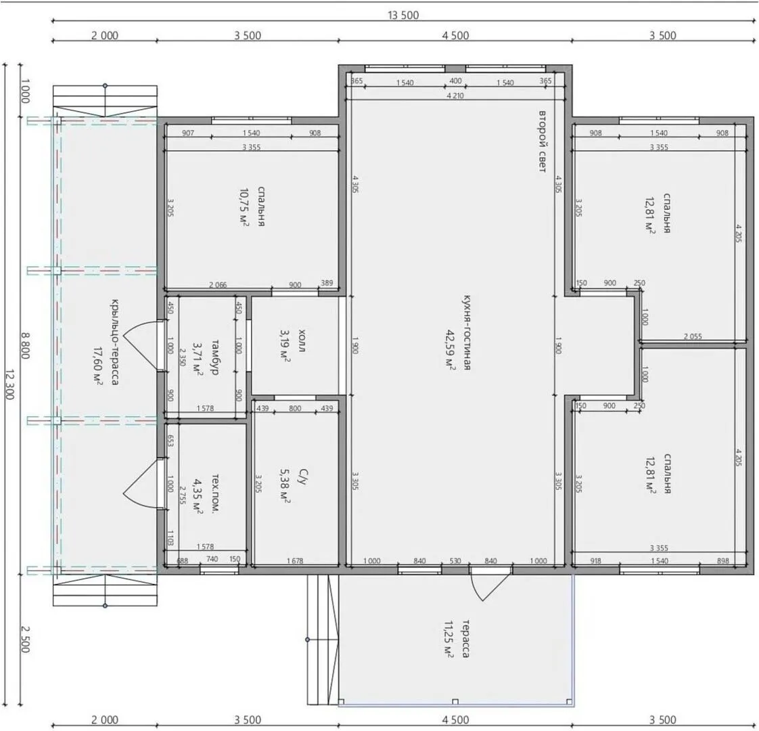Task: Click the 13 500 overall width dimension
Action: [x=403, y=15]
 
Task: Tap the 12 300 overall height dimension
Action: [x=10, y=384]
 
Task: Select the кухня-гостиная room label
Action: [x=467, y=332]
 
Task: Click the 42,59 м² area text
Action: [x=450, y=350]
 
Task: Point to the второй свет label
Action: [x=543, y=141]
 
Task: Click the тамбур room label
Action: [x=215, y=357]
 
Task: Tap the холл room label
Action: [x=302, y=340]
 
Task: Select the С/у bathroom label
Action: [x=302, y=477]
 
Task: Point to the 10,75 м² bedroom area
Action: [x=244, y=207]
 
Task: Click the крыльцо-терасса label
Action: [x=114, y=342]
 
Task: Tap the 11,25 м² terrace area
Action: [x=448, y=638]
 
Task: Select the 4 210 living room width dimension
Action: [x=455, y=95]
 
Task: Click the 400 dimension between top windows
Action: [x=455, y=81]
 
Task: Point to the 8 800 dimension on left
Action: [x=25, y=345]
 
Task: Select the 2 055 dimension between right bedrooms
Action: [x=693, y=336]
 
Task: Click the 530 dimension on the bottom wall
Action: [x=455, y=561]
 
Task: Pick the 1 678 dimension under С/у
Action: [x=295, y=561]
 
